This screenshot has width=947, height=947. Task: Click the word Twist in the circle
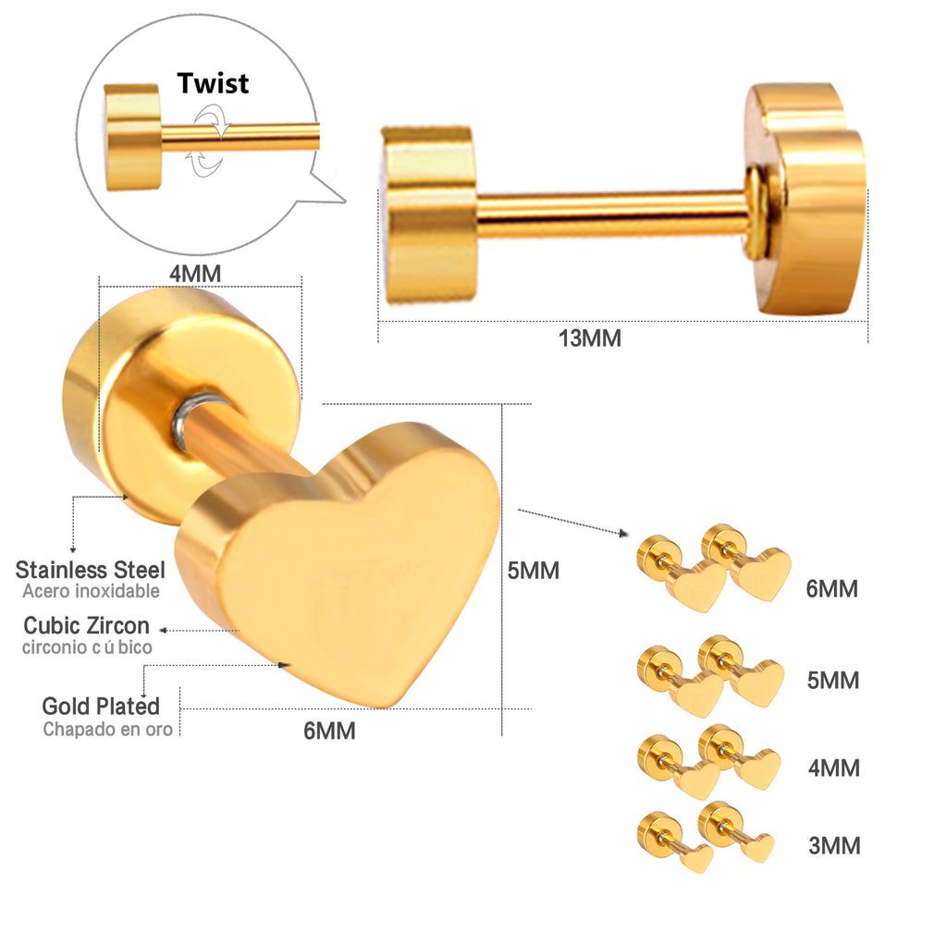pos(213,83)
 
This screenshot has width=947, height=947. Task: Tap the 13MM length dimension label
pos(589,338)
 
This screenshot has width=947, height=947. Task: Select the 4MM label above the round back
pos(195,274)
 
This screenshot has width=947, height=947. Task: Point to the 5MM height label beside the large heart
pos(534,571)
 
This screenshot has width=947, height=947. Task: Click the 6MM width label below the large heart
pos(329,731)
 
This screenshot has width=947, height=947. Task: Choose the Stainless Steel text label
pos(90,570)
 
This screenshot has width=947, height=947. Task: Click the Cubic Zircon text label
pos(86,625)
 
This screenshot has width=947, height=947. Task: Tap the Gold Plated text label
pos(101,706)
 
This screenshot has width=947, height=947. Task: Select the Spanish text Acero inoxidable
pos(92,591)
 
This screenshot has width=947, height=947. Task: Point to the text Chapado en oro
pos(108,729)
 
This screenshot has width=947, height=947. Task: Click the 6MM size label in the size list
pos(831,589)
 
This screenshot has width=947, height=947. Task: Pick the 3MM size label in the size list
pos(834,845)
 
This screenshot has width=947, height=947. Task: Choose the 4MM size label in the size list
pos(834,769)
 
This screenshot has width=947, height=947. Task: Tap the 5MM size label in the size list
pos(833,681)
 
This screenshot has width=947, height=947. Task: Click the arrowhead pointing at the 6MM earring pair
pos(624,534)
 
